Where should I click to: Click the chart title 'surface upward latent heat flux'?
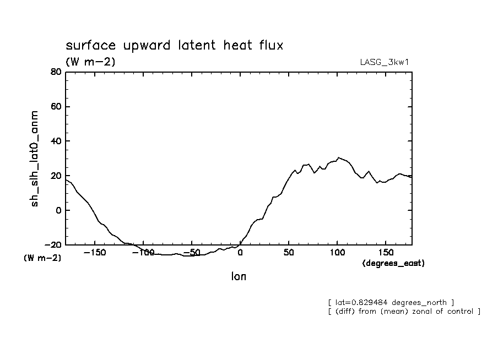pyautogui.click(x=174, y=46)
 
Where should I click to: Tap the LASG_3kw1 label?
pyautogui.click(x=384, y=62)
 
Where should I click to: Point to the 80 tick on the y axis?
pyautogui.click(x=55, y=72)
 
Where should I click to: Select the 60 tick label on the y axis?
pyautogui.click(x=55, y=107)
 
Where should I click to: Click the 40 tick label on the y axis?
pyautogui.click(x=55, y=141)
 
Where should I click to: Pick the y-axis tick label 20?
pyautogui.click(x=55, y=176)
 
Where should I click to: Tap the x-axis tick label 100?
pyautogui.click(x=337, y=253)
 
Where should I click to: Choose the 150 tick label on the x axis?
pyautogui.click(x=386, y=253)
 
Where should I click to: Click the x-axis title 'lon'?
pyautogui.click(x=239, y=277)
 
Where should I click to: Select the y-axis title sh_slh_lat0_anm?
pyautogui.click(x=35, y=159)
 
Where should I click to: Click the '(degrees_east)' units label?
pyautogui.click(x=393, y=263)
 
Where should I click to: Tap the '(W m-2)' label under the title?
pyautogui.click(x=90, y=62)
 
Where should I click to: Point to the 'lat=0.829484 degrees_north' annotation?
pyautogui.click(x=391, y=302)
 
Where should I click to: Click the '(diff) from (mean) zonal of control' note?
pyautogui.click(x=404, y=312)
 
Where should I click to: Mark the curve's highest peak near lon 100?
pyautogui.click(x=339, y=157)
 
